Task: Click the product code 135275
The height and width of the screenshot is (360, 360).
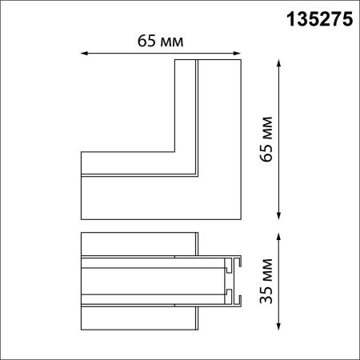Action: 319,19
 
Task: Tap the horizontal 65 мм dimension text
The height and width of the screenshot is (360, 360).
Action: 160,41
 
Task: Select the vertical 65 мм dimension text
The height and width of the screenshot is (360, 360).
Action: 266,139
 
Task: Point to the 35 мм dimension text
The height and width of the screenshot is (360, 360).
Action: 266,282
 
